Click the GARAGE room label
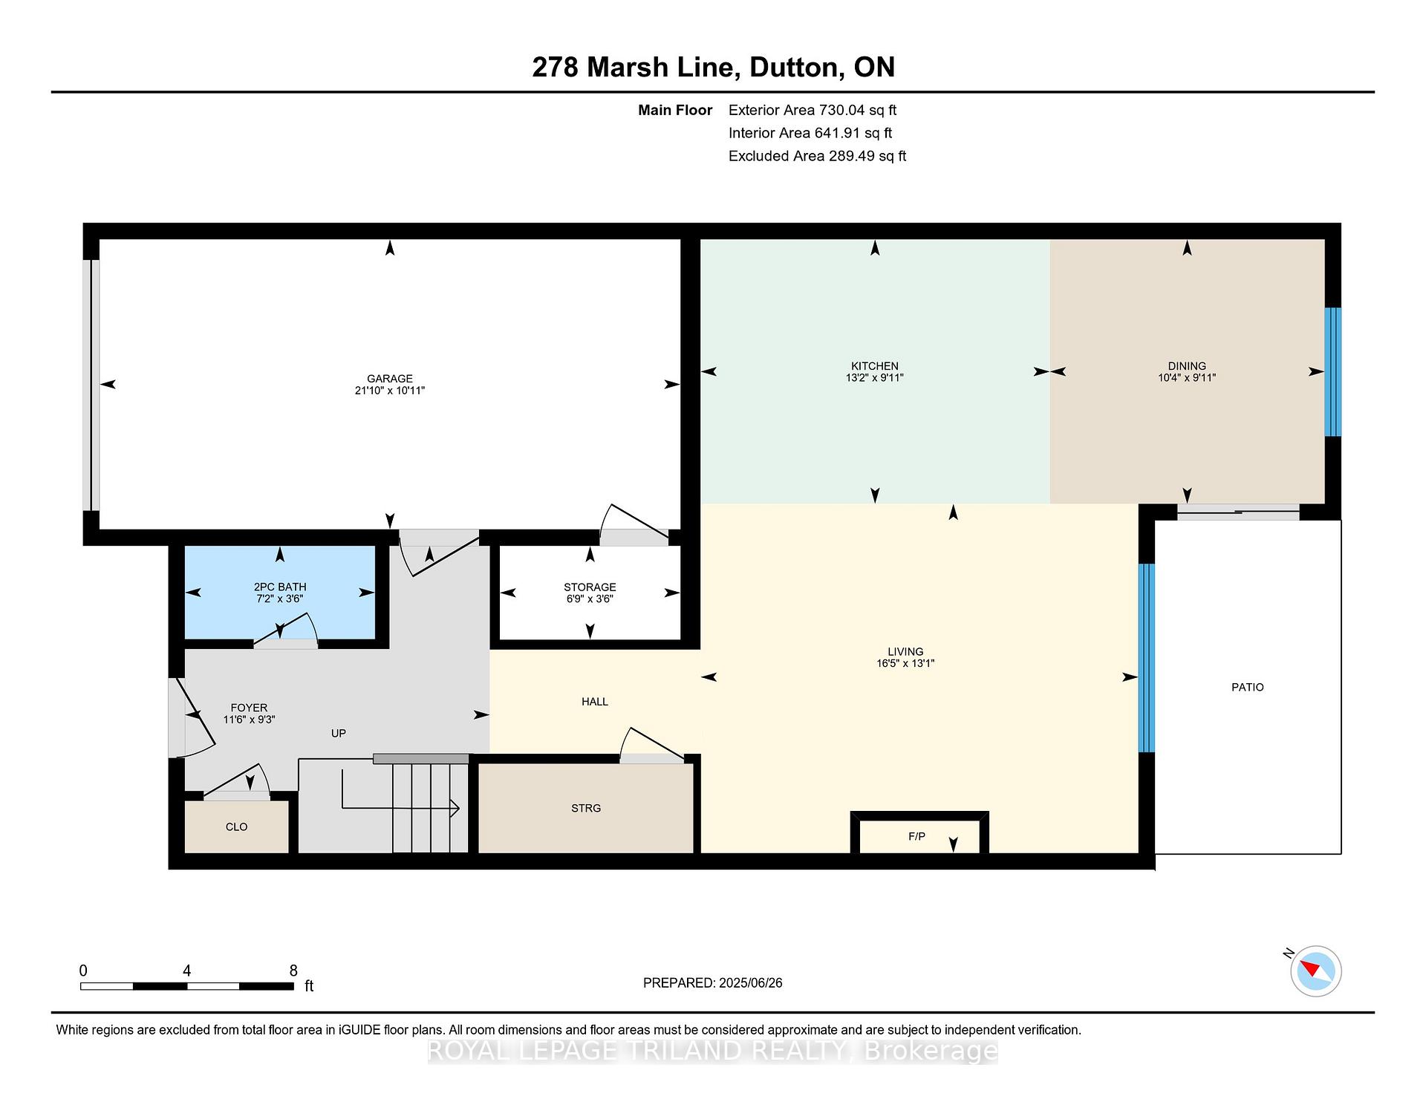[x=389, y=378]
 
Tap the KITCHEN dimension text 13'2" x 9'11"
[x=875, y=377]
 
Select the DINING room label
[x=1187, y=365]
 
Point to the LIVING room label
[x=905, y=651]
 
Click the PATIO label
[x=1248, y=687]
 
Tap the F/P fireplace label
[x=917, y=836]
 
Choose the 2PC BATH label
[x=280, y=587]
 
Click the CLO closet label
[x=236, y=826]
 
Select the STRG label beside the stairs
[x=586, y=808]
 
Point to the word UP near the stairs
[x=339, y=733]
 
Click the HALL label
[x=595, y=701]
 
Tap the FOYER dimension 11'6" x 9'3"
[x=249, y=720]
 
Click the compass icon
[x=1316, y=971]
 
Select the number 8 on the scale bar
[x=293, y=971]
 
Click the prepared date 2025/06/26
[x=751, y=982]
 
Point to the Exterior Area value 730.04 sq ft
[x=858, y=110]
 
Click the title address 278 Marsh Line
[x=634, y=68]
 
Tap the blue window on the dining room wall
[x=1333, y=371]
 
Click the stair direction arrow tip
[x=459, y=808]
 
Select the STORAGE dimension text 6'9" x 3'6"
[x=590, y=599]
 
